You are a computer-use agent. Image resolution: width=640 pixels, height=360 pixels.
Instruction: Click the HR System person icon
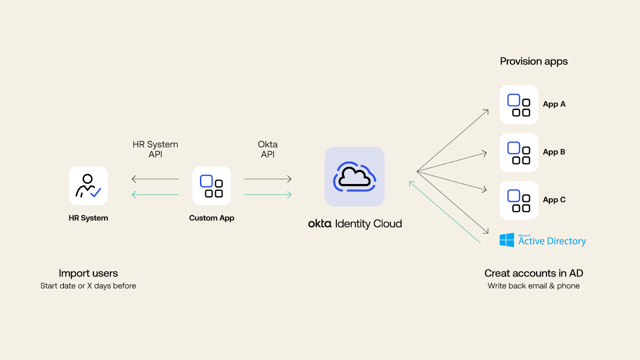[x=88, y=186]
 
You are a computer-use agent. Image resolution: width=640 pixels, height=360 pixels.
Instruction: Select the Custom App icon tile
[x=212, y=186]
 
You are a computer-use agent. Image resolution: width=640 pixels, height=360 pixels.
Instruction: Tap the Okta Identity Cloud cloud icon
[x=354, y=176]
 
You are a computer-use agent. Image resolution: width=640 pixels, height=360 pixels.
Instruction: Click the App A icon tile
[x=519, y=105]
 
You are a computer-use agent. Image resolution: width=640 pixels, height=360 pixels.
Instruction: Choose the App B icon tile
[x=519, y=152]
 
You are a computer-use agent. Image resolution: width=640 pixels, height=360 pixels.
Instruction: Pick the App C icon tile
[x=519, y=200]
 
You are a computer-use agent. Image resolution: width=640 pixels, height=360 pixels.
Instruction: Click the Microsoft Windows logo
[x=507, y=240]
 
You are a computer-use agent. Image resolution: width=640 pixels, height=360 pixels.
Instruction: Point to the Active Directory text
[x=552, y=241]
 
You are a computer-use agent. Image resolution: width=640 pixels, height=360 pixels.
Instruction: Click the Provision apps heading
[x=534, y=62]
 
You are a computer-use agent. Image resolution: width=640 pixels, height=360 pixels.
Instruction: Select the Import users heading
[x=88, y=273]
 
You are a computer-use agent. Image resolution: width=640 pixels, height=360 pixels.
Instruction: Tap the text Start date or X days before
[x=88, y=286]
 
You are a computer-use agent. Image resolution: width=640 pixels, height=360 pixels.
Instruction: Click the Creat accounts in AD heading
[x=534, y=273]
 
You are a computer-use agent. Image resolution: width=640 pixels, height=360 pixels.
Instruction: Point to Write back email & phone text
[x=534, y=286]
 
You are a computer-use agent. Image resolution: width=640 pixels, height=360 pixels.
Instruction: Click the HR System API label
[x=155, y=149]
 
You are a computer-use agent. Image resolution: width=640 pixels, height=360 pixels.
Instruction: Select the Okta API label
[x=268, y=149]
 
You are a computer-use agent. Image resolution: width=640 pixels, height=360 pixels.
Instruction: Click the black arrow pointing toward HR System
[x=155, y=179]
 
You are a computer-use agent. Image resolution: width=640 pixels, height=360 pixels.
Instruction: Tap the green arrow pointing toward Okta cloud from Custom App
[x=268, y=195]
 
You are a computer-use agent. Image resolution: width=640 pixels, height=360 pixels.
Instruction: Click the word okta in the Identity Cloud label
[x=320, y=224]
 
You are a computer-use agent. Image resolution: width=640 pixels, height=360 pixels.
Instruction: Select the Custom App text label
[x=212, y=218]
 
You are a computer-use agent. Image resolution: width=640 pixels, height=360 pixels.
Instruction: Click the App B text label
[x=554, y=152]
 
